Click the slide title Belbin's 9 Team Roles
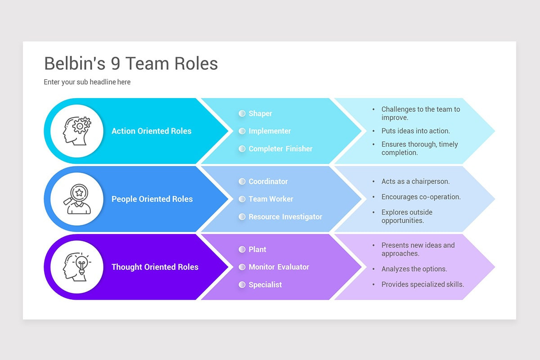130,64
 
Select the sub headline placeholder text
87,82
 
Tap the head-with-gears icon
77,131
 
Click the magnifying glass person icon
77,199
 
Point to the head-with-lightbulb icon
77,267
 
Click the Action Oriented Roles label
151,131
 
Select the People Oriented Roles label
152,199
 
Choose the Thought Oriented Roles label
155,267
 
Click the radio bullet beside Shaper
242,113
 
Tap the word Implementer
270,131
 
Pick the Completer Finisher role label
280,148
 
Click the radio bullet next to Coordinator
242,181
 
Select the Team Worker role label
271,199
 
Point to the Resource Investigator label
285,216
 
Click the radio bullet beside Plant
242,249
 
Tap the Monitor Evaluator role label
279,267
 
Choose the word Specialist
265,284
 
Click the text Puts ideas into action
415,131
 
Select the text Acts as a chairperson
415,181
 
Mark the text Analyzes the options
414,269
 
